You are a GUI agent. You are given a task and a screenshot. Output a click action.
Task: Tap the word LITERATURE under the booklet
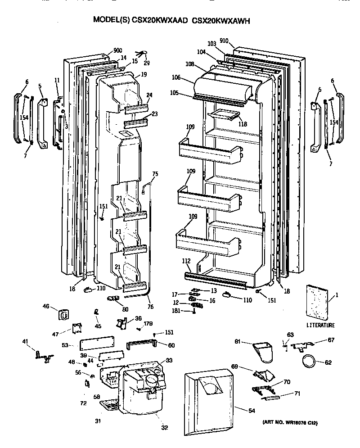pyautogui.click(x=320, y=325)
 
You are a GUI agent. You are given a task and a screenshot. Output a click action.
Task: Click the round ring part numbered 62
pyautogui.click(x=308, y=361)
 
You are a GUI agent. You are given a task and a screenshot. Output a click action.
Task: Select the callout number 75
pyautogui.click(x=155, y=174)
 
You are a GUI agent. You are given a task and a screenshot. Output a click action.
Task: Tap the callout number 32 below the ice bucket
pyautogui.click(x=164, y=427)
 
